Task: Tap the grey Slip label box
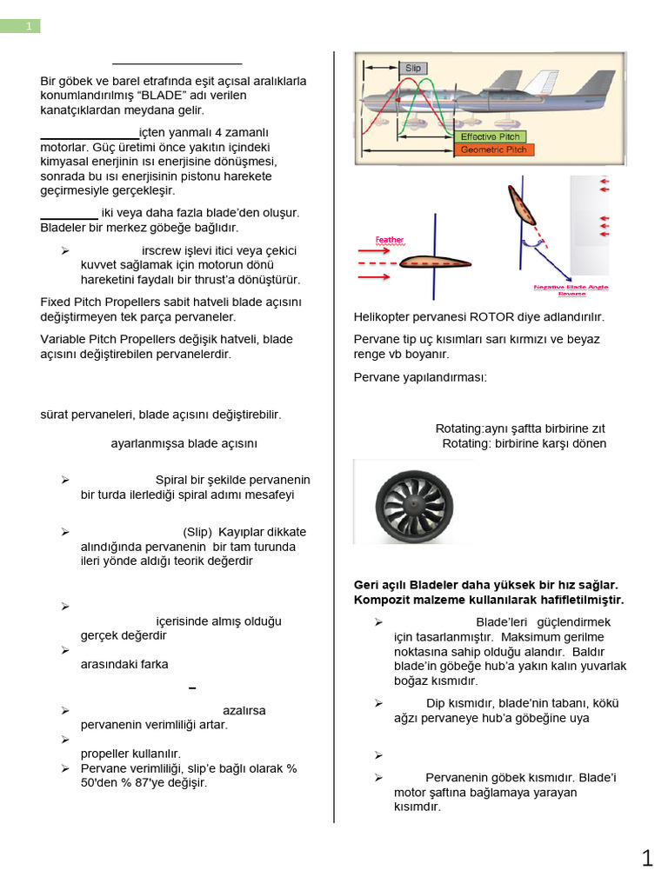coord(412,68)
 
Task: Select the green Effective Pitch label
coord(490,137)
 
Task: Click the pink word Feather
coord(389,240)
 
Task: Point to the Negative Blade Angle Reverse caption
coord(571,289)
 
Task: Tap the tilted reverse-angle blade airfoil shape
coord(523,205)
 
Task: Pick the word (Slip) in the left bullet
coord(197,531)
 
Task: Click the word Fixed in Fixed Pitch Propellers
coord(57,302)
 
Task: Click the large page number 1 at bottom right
coord(646,859)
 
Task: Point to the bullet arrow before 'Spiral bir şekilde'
coord(65,480)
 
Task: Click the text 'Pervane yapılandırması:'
coord(420,376)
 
